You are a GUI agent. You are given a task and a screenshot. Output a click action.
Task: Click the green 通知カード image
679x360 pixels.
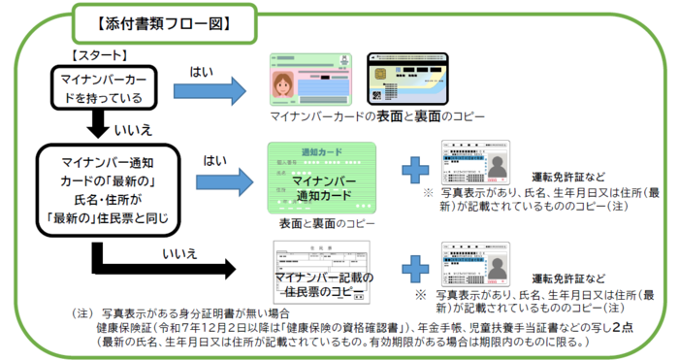tap(321, 180)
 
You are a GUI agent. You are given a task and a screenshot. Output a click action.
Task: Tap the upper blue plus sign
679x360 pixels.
tap(416, 171)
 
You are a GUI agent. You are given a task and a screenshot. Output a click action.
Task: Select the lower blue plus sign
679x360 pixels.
tap(416, 265)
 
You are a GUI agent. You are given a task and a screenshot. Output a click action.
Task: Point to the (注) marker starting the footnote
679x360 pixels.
tap(84, 313)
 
